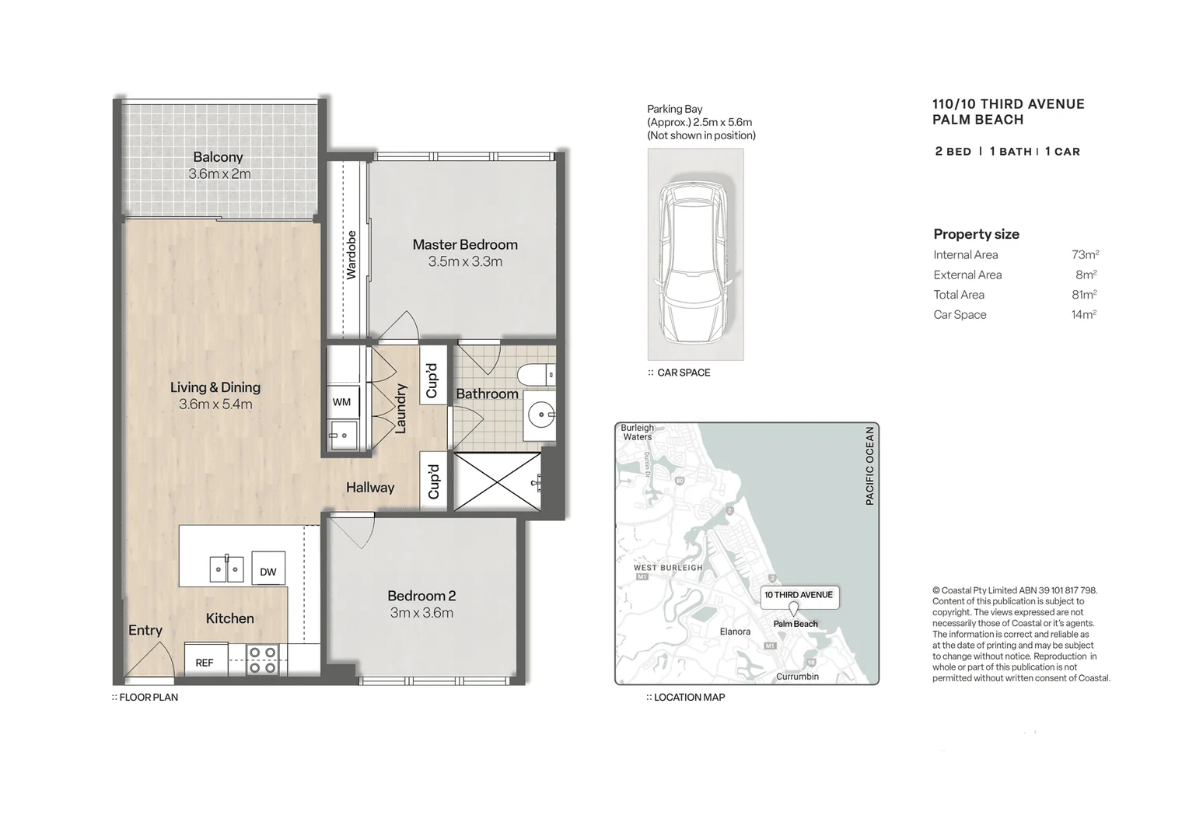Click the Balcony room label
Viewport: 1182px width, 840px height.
point(218,157)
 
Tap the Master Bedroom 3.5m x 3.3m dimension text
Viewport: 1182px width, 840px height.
point(465,262)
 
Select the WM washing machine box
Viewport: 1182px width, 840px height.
point(342,402)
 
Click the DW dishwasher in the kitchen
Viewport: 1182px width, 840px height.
point(268,570)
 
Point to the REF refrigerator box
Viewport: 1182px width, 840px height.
point(205,661)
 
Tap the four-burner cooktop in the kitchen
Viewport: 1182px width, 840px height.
point(262,660)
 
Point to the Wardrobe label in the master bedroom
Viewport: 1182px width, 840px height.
point(351,255)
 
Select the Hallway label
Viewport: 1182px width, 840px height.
point(370,488)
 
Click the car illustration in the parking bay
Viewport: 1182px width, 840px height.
point(694,261)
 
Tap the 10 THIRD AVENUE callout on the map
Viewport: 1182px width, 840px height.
point(798,595)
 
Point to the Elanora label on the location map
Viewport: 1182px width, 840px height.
point(735,632)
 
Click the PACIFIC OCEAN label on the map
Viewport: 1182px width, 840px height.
point(869,465)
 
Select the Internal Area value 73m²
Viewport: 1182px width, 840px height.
point(1085,255)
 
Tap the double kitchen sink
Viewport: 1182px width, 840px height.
point(226,569)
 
